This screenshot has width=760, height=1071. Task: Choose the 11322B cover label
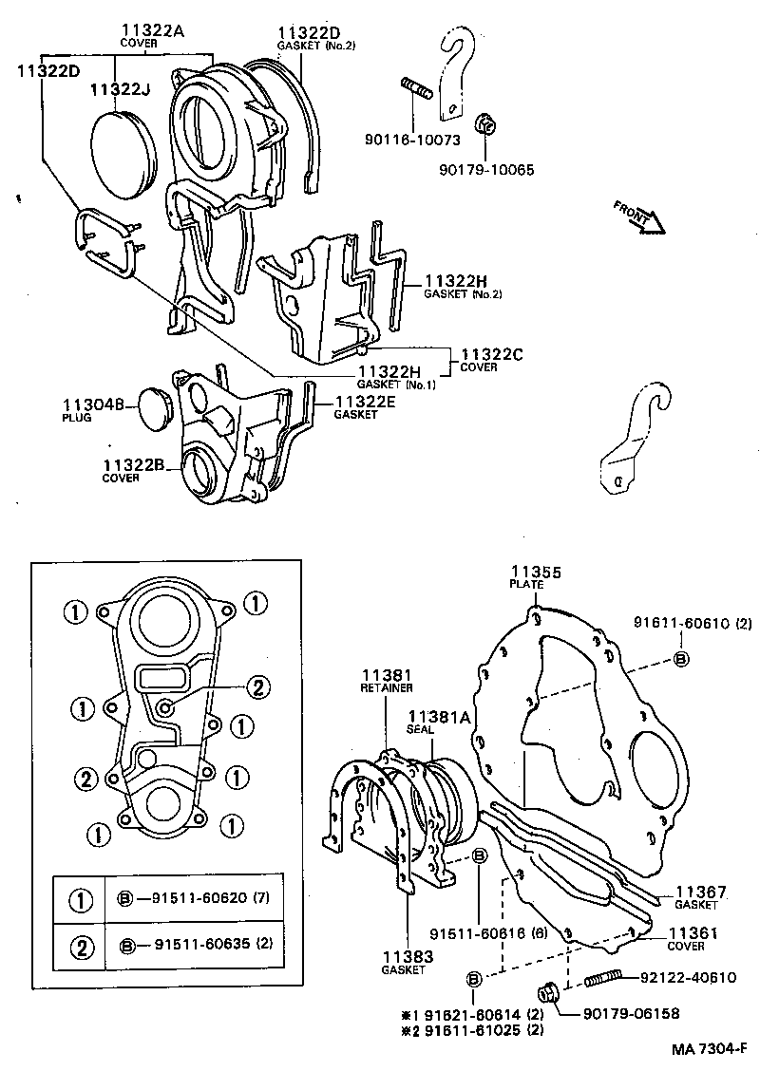click(135, 464)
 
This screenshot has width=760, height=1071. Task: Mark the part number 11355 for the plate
click(536, 572)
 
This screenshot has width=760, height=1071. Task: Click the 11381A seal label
click(439, 717)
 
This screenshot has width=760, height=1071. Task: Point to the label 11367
click(701, 892)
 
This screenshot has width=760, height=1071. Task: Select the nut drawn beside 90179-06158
click(547, 993)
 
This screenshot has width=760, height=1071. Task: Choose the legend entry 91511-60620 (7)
click(199, 898)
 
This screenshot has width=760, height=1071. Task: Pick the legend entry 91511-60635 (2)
click(199, 945)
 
